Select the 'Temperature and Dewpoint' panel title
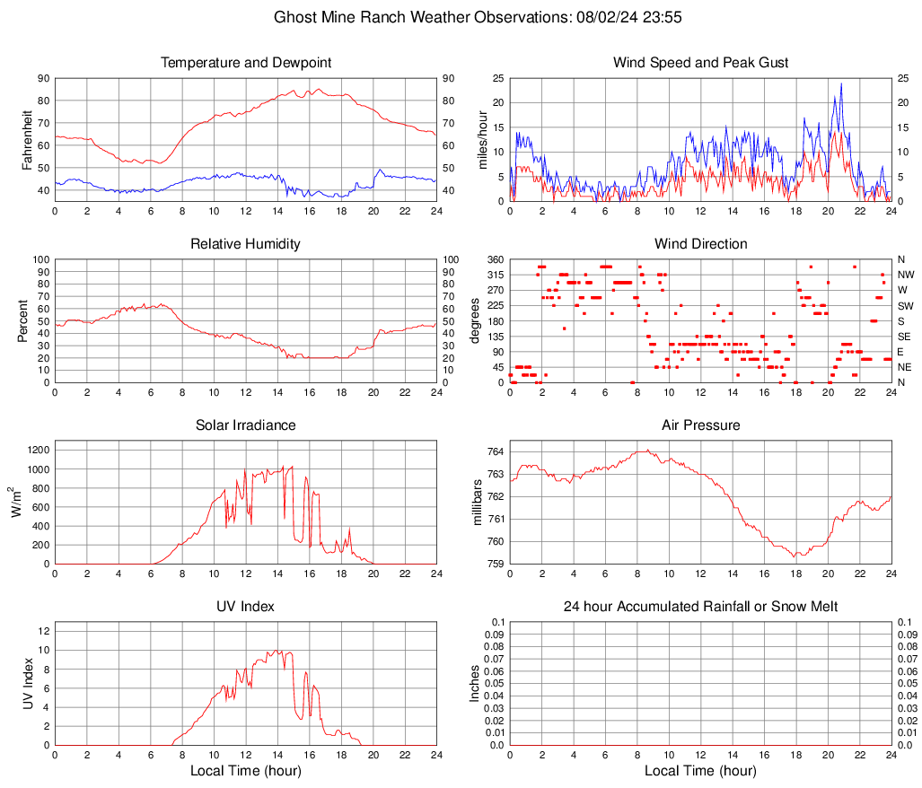tap(246, 63)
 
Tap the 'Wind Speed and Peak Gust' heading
tap(700, 63)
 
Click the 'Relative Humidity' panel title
tap(246, 244)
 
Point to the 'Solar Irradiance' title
tap(246, 425)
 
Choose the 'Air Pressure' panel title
tap(700, 425)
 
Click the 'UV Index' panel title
tap(246, 607)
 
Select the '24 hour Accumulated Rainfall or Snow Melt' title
tap(700, 607)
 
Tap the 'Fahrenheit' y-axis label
tap(27, 140)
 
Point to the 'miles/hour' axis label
tap(482, 140)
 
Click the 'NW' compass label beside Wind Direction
tap(905, 275)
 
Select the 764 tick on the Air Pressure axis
tap(495, 451)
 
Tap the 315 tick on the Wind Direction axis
tap(494, 275)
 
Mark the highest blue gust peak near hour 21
tap(841, 84)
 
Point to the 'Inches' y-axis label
tap(476, 684)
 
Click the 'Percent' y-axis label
tap(22, 321)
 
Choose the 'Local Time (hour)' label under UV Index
tap(246, 771)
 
